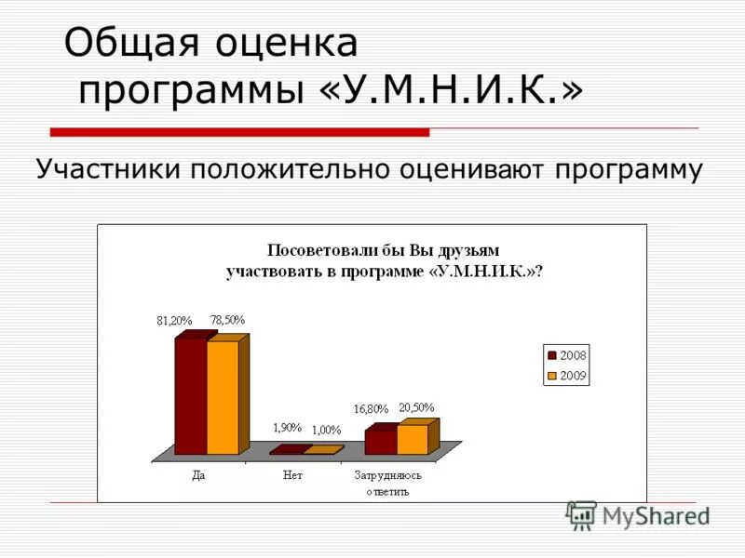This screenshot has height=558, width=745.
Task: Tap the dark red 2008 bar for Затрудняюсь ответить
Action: [380, 442]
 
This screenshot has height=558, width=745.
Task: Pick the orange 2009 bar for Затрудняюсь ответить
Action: [412, 439]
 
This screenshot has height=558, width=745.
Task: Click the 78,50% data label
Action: [227, 319]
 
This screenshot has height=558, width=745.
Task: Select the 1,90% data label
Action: [287, 427]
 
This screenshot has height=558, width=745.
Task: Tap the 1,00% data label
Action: [326, 430]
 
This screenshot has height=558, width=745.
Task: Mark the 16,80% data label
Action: [370, 409]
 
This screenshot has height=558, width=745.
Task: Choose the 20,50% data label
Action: [416, 406]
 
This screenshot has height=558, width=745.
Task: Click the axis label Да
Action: [198, 474]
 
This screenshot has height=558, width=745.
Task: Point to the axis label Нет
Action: [292, 474]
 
